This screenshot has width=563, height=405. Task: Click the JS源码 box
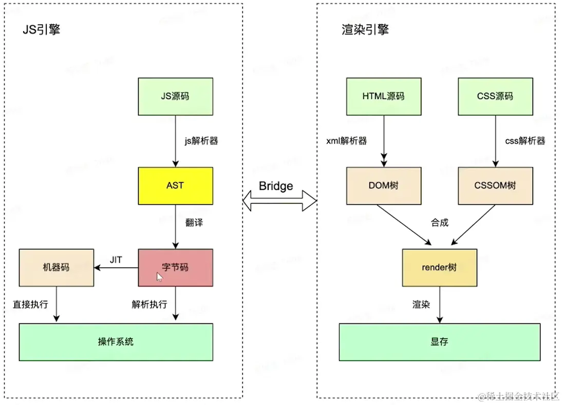click(175, 97)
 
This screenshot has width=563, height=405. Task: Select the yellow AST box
click(175, 186)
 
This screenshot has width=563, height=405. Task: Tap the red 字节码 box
click(175, 267)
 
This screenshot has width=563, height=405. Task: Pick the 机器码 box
click(56, 267)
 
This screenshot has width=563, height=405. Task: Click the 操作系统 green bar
click(116, 342)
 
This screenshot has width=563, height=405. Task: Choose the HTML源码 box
click(383, 97)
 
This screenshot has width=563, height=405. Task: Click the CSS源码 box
click(495, 97)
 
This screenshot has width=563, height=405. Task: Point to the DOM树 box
click(383, 186)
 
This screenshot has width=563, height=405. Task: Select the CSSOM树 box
click(495, 186)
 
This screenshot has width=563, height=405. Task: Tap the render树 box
click(439, 267)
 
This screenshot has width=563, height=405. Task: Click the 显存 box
click(439, 342)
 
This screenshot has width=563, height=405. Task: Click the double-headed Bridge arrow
click(279, 201)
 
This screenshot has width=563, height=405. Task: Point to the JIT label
click(116, 260)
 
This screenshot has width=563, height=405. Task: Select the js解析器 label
click(201, 141)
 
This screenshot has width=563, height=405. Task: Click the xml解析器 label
click(347, 141)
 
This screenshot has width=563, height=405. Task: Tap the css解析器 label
click(525, 141)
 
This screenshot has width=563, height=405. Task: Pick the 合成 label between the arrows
click(440, 222)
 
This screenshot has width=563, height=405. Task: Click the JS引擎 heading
click(42, 29)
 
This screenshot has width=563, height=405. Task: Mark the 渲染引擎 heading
click(365, 29)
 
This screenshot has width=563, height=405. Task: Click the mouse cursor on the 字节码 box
click(160, 277)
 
